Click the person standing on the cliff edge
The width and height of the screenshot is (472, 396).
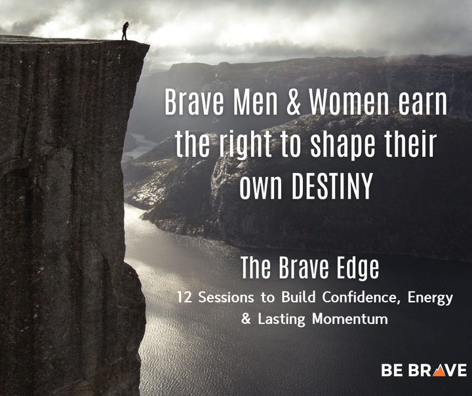(125, 31)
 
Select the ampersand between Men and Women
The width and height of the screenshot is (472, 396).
(290, 104)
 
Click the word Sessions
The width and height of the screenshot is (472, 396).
(222, 298)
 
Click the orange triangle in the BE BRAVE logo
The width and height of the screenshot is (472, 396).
(437, 370)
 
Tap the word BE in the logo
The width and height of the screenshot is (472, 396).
(392, 370)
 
